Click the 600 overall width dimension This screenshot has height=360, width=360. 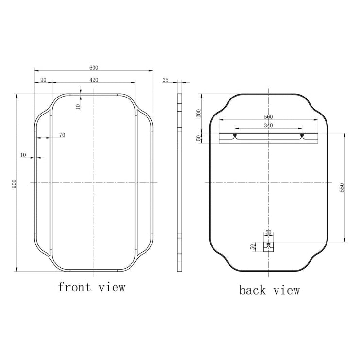pos(94,68)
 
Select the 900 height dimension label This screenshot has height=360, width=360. pos(14,184)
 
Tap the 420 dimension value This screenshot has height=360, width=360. pos(94,80)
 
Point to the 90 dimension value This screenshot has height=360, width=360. pos(43,80)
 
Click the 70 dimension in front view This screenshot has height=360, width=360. pos(62,135)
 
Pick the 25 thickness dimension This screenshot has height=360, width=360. pos(165,80)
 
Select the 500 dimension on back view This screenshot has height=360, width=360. pos(268,117)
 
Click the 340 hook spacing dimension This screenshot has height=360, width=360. pos(268,125)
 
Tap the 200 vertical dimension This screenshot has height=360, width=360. pos(199,113)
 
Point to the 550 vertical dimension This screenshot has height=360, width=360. pos(342,188)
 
